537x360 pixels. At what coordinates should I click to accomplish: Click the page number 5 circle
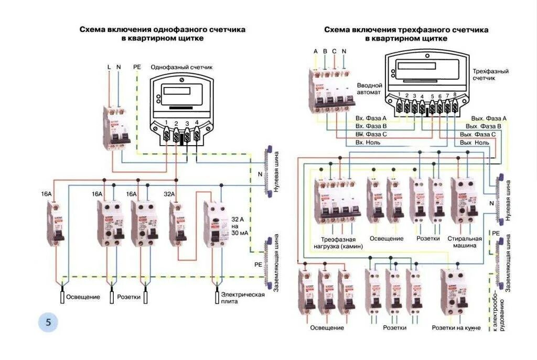point(48,323)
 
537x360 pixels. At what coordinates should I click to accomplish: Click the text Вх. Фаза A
point(371,118)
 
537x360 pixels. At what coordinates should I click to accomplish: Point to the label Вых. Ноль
point(475,143)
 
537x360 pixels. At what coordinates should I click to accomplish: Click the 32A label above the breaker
point(169,194)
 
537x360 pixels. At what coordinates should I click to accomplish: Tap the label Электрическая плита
point(242,298)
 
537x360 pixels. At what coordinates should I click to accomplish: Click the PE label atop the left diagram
point(137,67)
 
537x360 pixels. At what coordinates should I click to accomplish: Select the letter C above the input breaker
point(334,51)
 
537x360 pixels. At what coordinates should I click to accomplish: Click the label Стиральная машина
point(465,242)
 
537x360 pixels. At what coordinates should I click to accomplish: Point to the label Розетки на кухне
point(456,328)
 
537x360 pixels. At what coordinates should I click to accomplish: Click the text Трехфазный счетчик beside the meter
point(490,74)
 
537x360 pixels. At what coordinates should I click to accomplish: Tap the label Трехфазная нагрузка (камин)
point(338,242)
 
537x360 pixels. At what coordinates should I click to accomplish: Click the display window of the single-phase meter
point(177,91)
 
